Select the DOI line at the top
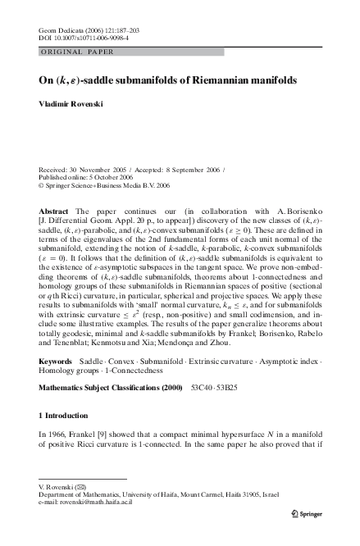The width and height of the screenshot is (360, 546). tap(78, 38)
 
